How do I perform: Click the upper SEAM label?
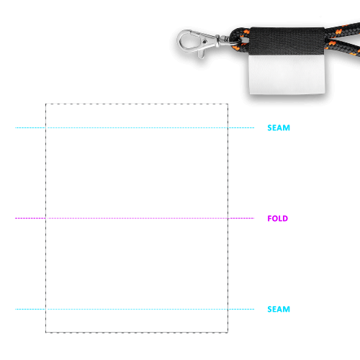(279, 127)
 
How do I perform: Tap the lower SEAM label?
(279, 309)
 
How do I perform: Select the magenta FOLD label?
(278, 218)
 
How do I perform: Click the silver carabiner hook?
(197, 43)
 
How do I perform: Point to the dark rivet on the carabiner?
(204, 42)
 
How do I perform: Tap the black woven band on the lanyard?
(287, 41)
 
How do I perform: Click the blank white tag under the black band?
(287, 74)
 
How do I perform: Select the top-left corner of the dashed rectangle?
(46, 104)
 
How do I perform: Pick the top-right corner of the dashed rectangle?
(228, 104)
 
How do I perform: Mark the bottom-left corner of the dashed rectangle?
(46, 333)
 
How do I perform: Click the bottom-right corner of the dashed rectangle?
(228, 333)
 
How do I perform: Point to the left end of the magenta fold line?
(15, 218)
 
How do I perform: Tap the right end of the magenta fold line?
(253, 218)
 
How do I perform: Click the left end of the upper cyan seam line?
(15, 127)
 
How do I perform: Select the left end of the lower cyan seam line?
(15, 309)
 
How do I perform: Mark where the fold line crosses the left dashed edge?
(46, 218)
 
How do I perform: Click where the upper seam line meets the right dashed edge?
(228, 127)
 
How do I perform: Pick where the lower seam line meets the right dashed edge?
(228, 309)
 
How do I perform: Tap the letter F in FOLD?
(270, 218)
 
